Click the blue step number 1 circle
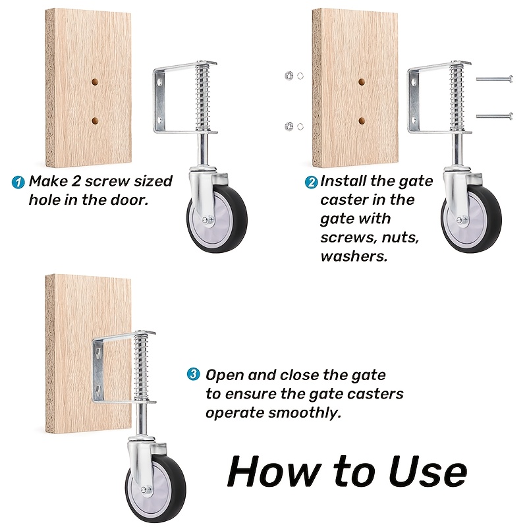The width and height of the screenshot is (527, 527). tap(18, 182)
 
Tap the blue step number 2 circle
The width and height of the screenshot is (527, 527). tap(311, 182)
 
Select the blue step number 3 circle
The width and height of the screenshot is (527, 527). tap(193, 374)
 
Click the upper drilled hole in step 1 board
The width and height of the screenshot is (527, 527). tap(95, 82)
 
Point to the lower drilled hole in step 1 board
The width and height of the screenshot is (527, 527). tap(95, 120)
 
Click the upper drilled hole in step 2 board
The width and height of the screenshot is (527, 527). tap(362, 82)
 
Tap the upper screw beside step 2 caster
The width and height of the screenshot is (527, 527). tap(495, 79)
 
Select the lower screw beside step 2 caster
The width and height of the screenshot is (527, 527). tap(495, 117)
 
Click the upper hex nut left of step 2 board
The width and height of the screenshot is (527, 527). tap(289, 76)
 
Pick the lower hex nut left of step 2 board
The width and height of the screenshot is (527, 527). tap(289, 126)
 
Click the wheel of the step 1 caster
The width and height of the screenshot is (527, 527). tap(217, 218)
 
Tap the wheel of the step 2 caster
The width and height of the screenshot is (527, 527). tap(471, 218)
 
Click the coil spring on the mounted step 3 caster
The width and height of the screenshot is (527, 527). tap(142, 366)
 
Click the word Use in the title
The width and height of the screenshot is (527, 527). tap(428, 471)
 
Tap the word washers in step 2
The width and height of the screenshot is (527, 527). tap(354, 256)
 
